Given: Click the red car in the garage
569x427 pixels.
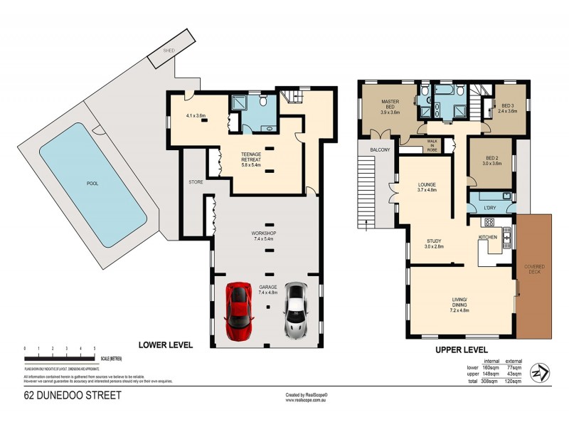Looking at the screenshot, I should point(238,310).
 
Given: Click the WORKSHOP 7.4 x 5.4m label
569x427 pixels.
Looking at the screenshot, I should point(267,236).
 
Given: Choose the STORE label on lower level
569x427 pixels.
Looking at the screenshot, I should point(196,182).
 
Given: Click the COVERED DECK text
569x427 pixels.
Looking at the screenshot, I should point(534,270).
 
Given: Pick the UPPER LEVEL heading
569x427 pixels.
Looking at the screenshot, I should point(461,350).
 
